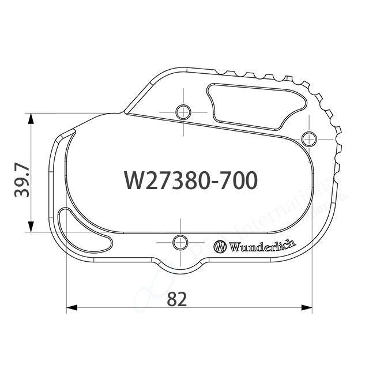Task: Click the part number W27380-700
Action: click(x=190, y=180)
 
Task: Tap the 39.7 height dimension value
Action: click(x=22, y=180)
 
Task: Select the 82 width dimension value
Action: click(x=177, y=299)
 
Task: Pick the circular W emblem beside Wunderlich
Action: click(x=220, y=246)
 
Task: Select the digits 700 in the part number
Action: click(x=238, y=180)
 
